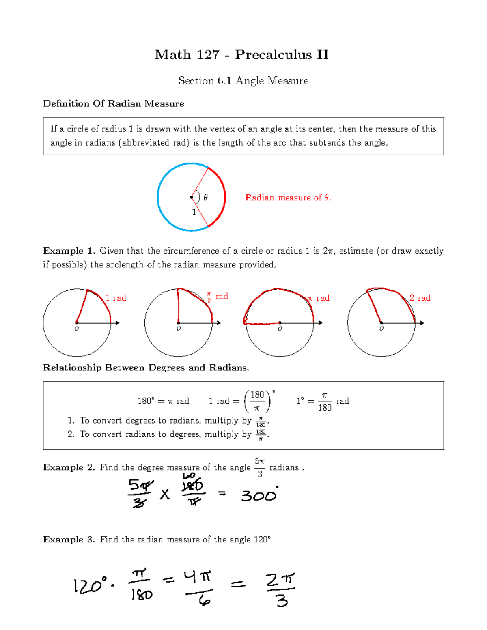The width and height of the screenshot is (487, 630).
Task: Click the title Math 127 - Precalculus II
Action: click(x=241, y=54)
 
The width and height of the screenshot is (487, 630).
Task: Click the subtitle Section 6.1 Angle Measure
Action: click(x=243, y=81)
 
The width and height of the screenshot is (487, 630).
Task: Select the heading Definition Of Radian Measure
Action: click(x=114, y=104)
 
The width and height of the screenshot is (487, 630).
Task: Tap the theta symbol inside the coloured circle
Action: click(x=206, y=198)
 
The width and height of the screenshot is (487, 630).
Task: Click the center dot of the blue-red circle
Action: click(x=192, y=198)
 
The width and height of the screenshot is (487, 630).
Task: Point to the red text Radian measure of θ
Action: click(x=288, y=198)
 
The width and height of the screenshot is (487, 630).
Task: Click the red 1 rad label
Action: click(x=116, y=298)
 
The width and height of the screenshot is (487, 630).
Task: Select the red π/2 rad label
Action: click(x=217, y=297)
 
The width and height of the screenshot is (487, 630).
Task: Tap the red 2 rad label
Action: click(x=420, y=298)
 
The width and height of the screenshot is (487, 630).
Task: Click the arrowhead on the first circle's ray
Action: click(x=118, y=323)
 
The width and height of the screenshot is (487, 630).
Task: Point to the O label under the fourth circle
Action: click(x=381, y=329)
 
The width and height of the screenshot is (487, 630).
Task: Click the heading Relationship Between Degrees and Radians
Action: click(x=146, y=368)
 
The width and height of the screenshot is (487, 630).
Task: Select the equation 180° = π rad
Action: click(x=163, y=401)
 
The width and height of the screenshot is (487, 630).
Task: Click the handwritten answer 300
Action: click(x=259, y=495)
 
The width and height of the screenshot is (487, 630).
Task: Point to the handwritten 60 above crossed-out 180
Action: click(x=189, y=476)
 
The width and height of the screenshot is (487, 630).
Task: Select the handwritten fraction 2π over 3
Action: click(x=281, y=589)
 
